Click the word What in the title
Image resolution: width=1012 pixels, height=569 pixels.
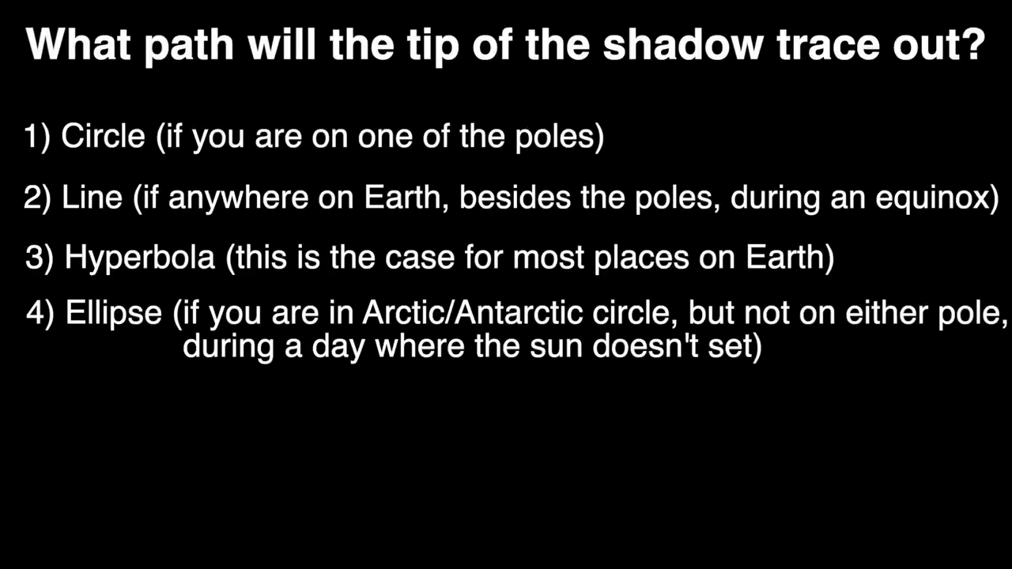[78, 44]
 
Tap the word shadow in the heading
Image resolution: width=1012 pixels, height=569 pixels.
[683, 44]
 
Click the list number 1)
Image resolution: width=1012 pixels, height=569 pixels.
[37, 137]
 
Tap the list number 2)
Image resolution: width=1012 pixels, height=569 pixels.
[37, 198]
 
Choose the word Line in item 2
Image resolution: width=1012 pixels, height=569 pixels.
[92, 197]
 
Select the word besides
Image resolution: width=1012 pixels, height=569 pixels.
[515, 197]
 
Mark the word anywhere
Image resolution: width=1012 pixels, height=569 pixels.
[238, 198]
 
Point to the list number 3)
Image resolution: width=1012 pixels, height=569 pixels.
[40, 258]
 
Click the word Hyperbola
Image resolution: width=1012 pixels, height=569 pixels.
[140, 258]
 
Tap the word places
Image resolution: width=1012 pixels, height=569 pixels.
[641, 258]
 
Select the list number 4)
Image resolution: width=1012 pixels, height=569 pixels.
[40, 312]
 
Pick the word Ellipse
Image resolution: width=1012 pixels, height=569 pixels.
[114, 314]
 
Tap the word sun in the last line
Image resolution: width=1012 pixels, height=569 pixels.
[556, 348]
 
